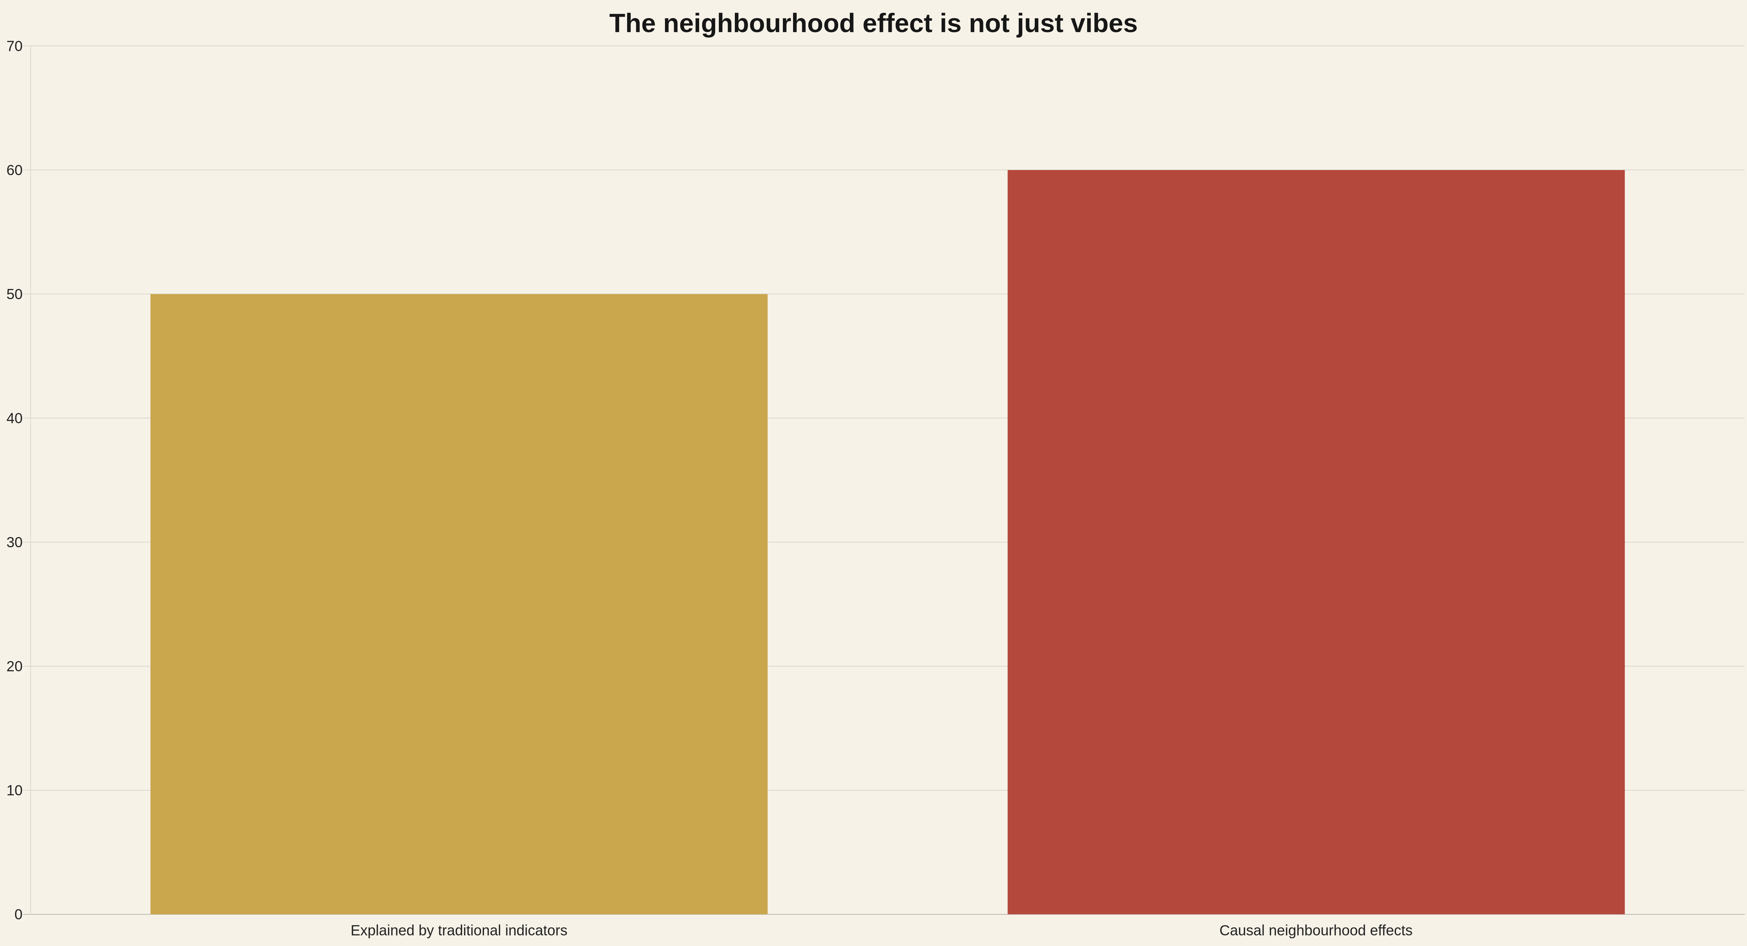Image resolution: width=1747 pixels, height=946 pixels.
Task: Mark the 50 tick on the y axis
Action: pyautogui.click(x=15, y=294)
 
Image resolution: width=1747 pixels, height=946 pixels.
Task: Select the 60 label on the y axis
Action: pyautogui.click(x=15, y=170)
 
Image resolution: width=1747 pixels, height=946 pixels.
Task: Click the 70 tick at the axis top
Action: pyautogui.click(x=15, y=46)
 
